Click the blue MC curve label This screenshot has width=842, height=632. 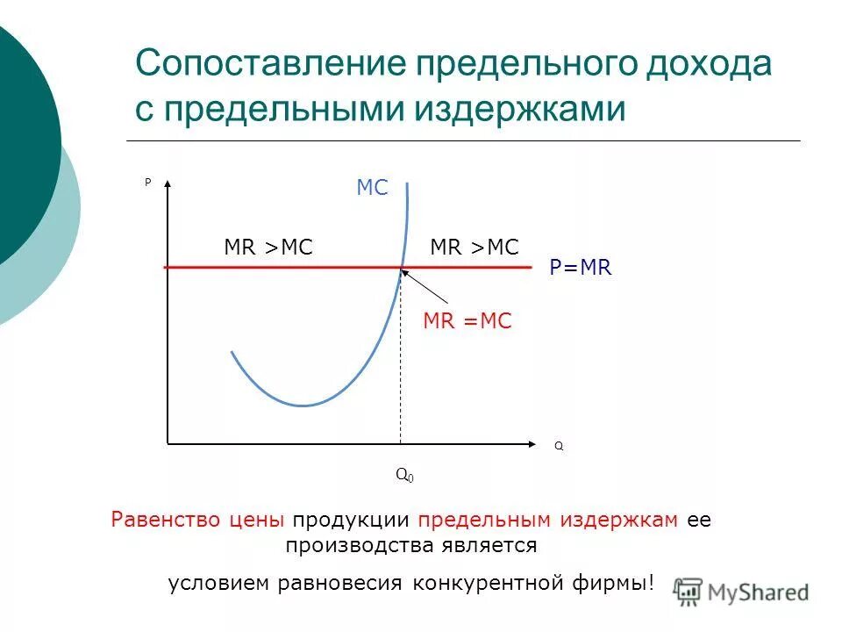point(372,188)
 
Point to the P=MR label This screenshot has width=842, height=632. point(580,269)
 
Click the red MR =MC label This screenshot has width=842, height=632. point(467,322)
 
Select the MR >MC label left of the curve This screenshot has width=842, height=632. point(268,248)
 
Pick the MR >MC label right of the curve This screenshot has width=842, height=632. point(475,248)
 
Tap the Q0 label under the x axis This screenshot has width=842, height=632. point(404,475)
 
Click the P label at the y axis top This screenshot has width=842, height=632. point(147,183)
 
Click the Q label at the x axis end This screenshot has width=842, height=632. point(559,447)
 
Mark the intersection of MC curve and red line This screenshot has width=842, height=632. point(402,266)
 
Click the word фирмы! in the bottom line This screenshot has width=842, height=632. point(624,583)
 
